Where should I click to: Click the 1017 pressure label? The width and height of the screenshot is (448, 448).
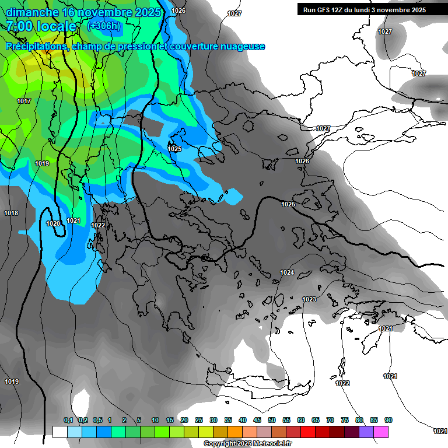point(24,101)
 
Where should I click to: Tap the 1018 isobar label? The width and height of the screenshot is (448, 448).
point(11,213)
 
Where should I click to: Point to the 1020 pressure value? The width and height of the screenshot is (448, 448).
point(52,223)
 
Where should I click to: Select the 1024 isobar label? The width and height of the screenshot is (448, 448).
point(287,272)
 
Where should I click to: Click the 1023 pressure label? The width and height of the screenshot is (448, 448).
point(309,299)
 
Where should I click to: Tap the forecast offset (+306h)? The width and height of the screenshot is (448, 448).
point(104,26)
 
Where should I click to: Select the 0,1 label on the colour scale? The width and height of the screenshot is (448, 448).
point(68,420)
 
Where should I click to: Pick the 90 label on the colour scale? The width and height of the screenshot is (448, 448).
point(388,420)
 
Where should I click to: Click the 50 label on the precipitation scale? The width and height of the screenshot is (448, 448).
point(272,420)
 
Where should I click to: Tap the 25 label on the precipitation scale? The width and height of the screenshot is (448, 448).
point(199,420)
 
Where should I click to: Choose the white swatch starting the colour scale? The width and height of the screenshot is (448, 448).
point(60,432)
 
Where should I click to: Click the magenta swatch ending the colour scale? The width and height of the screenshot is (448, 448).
point(381,432)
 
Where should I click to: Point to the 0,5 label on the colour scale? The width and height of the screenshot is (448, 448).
point(97,420)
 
